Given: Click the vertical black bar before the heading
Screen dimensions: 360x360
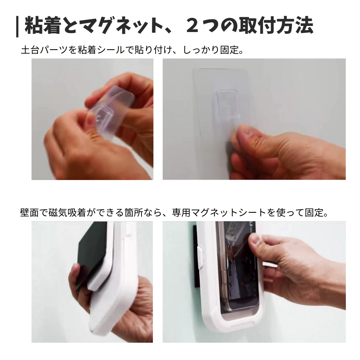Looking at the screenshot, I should click(x=17, y=27).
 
